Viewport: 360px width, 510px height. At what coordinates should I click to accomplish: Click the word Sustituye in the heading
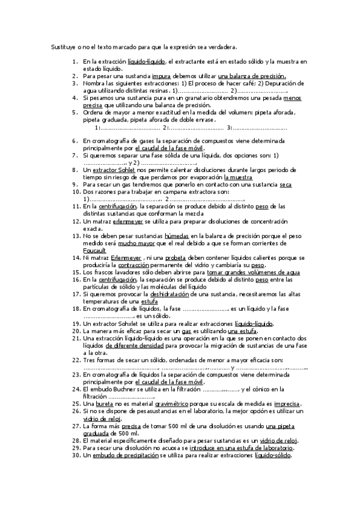coord(62,46)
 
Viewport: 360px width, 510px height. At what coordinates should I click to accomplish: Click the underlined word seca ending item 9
coord(285,185)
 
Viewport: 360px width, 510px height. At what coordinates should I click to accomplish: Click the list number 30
coord(75,455)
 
